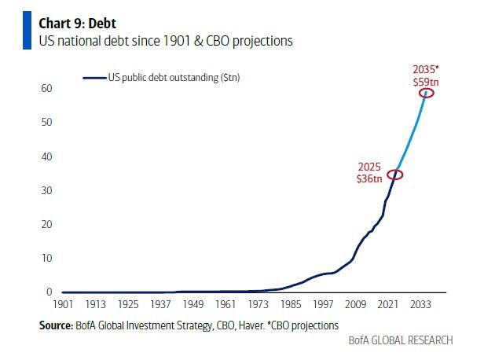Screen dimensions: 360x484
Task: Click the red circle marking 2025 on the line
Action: pos(395,174)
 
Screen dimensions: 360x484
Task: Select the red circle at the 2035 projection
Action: pos(427,93)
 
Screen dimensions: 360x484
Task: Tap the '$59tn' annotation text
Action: pos(427,81)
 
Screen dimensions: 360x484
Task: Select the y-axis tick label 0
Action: pos(49,292)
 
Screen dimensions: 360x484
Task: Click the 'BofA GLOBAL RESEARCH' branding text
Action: pos(401,340)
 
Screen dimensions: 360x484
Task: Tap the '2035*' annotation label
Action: pos(426,69)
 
